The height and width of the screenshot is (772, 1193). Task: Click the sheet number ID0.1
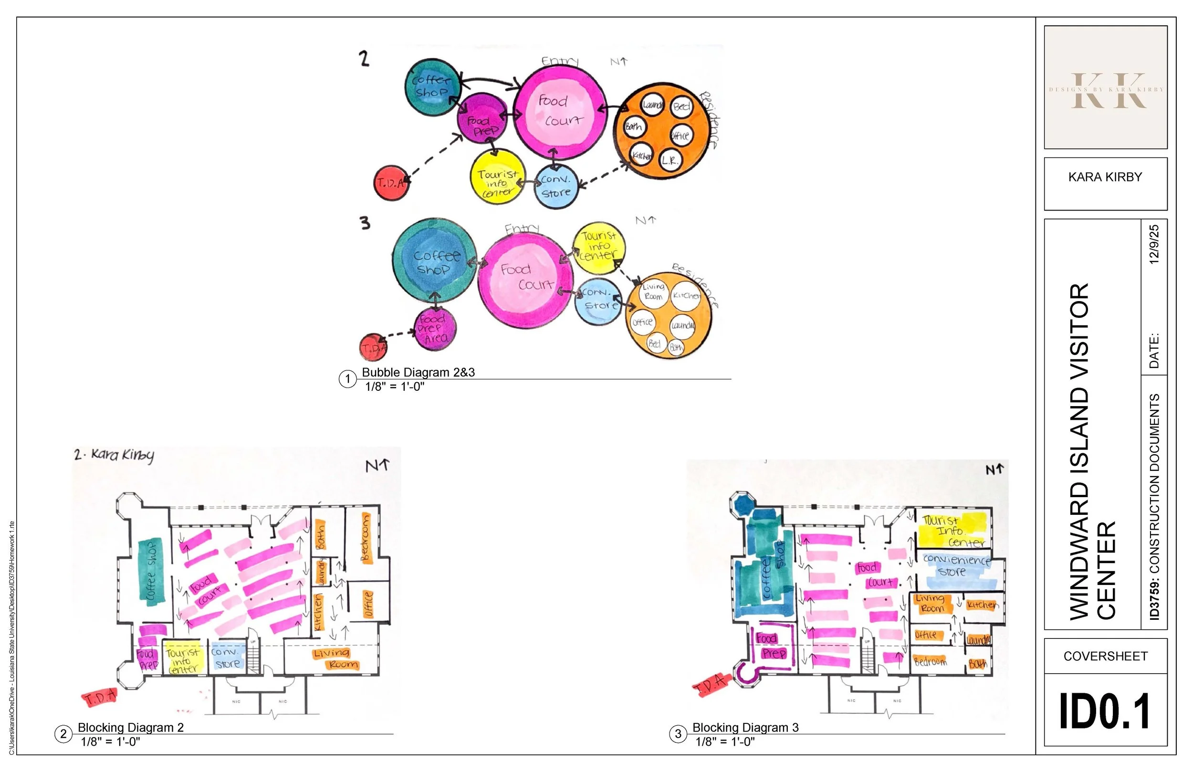[1105, 711]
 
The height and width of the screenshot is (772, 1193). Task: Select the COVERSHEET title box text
[1105, 656]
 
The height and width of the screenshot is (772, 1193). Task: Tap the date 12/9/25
[1154, 245]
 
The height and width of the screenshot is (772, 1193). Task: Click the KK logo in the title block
[1105, 90]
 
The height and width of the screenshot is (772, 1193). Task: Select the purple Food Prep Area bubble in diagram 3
[434, 329]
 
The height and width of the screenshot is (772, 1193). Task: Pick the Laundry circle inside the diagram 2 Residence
[652, 105]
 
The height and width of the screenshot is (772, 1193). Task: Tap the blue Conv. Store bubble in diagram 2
[556, 186]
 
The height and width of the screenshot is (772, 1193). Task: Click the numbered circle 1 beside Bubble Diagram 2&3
[347, 379]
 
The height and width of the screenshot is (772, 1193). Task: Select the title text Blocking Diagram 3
[745, 727]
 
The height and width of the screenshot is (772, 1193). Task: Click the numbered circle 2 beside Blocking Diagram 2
[63, 734]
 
